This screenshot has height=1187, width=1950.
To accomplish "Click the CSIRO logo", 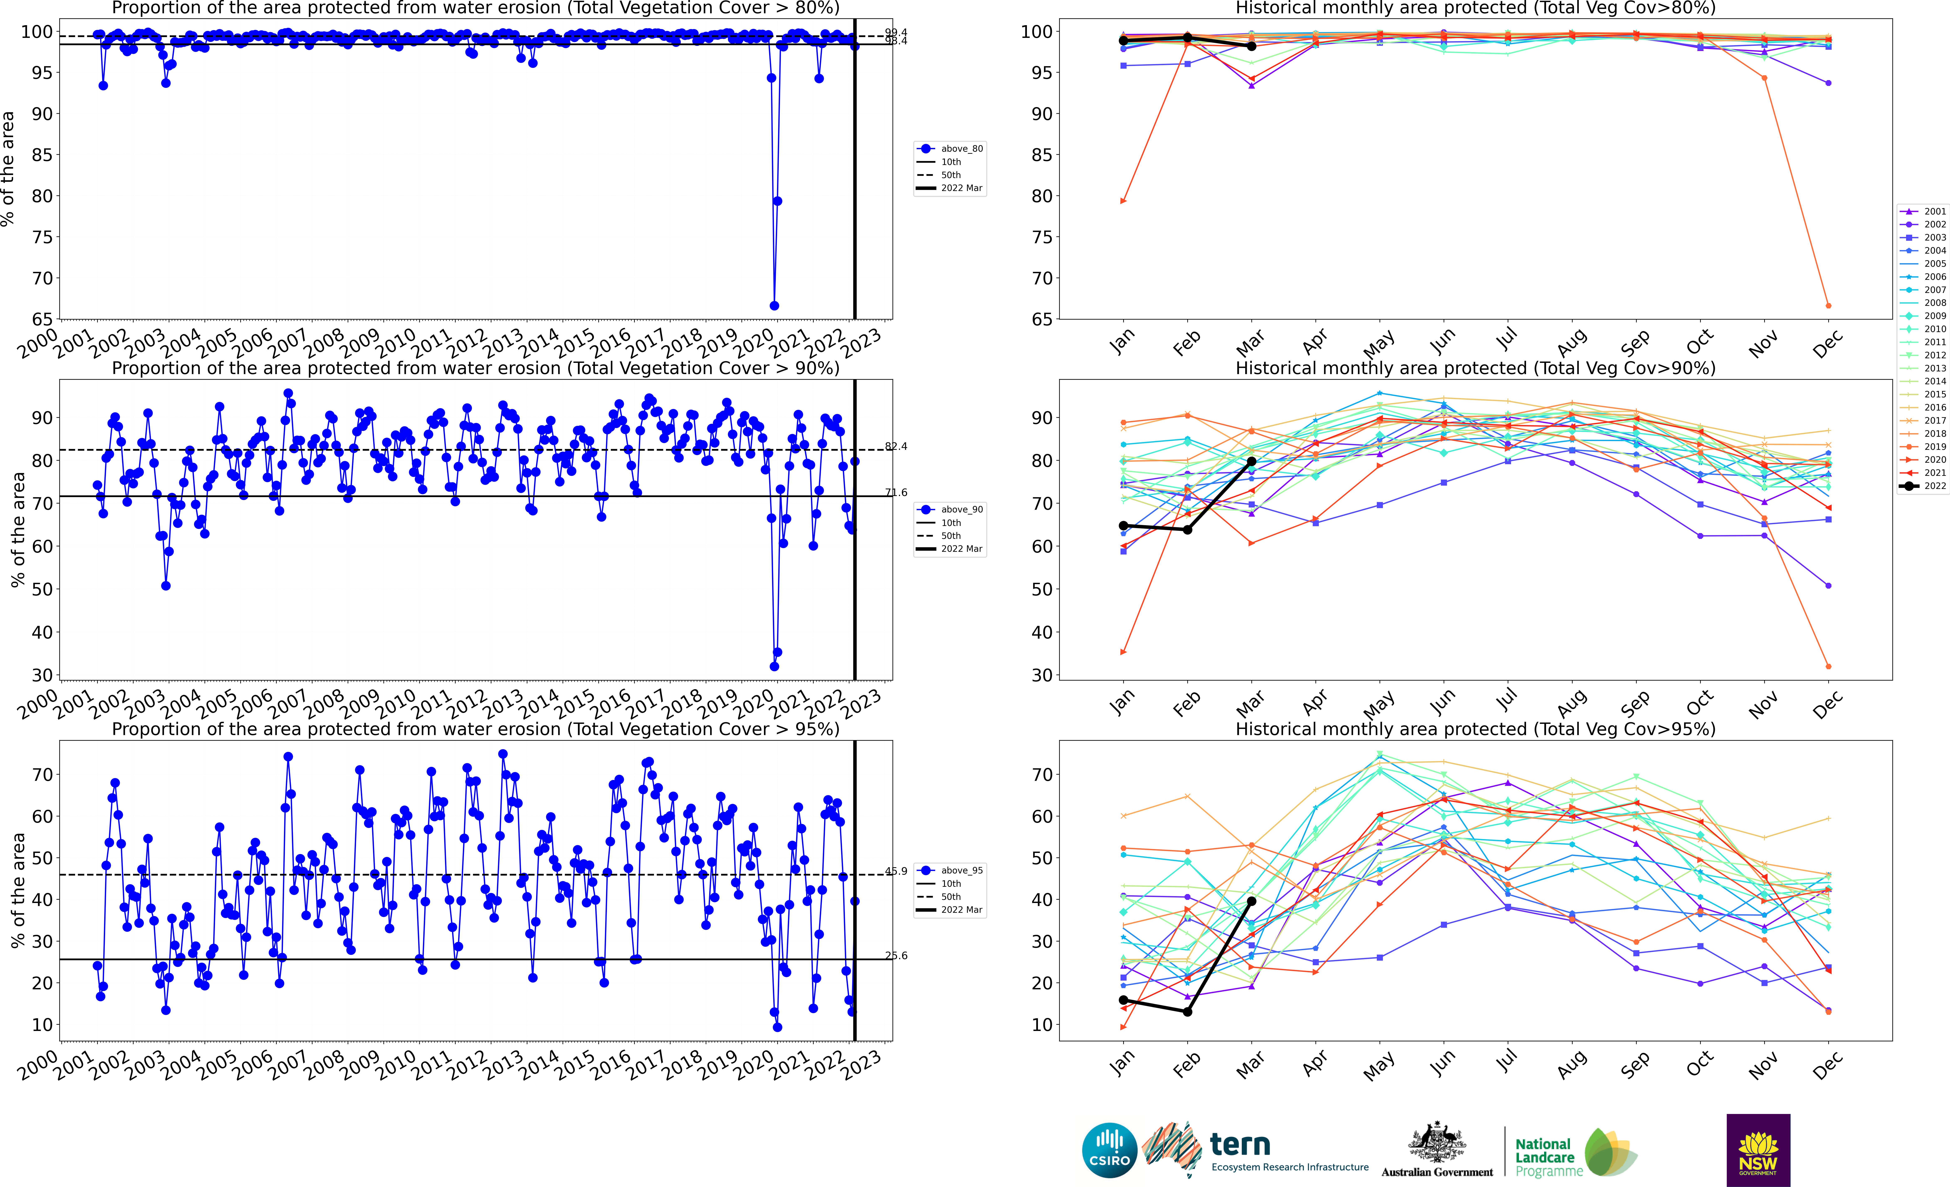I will point(1109,1150).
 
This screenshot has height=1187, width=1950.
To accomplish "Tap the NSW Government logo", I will point(1758,1150).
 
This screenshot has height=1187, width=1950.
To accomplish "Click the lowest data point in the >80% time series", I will point(774,305).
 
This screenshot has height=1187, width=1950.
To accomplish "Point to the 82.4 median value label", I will point(896,446).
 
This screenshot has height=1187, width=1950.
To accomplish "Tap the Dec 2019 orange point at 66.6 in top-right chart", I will point(1828,305).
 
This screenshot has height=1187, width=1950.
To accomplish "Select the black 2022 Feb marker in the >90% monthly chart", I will point(1187,529).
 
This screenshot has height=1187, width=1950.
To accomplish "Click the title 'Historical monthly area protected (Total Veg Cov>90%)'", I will point(1475,368).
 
